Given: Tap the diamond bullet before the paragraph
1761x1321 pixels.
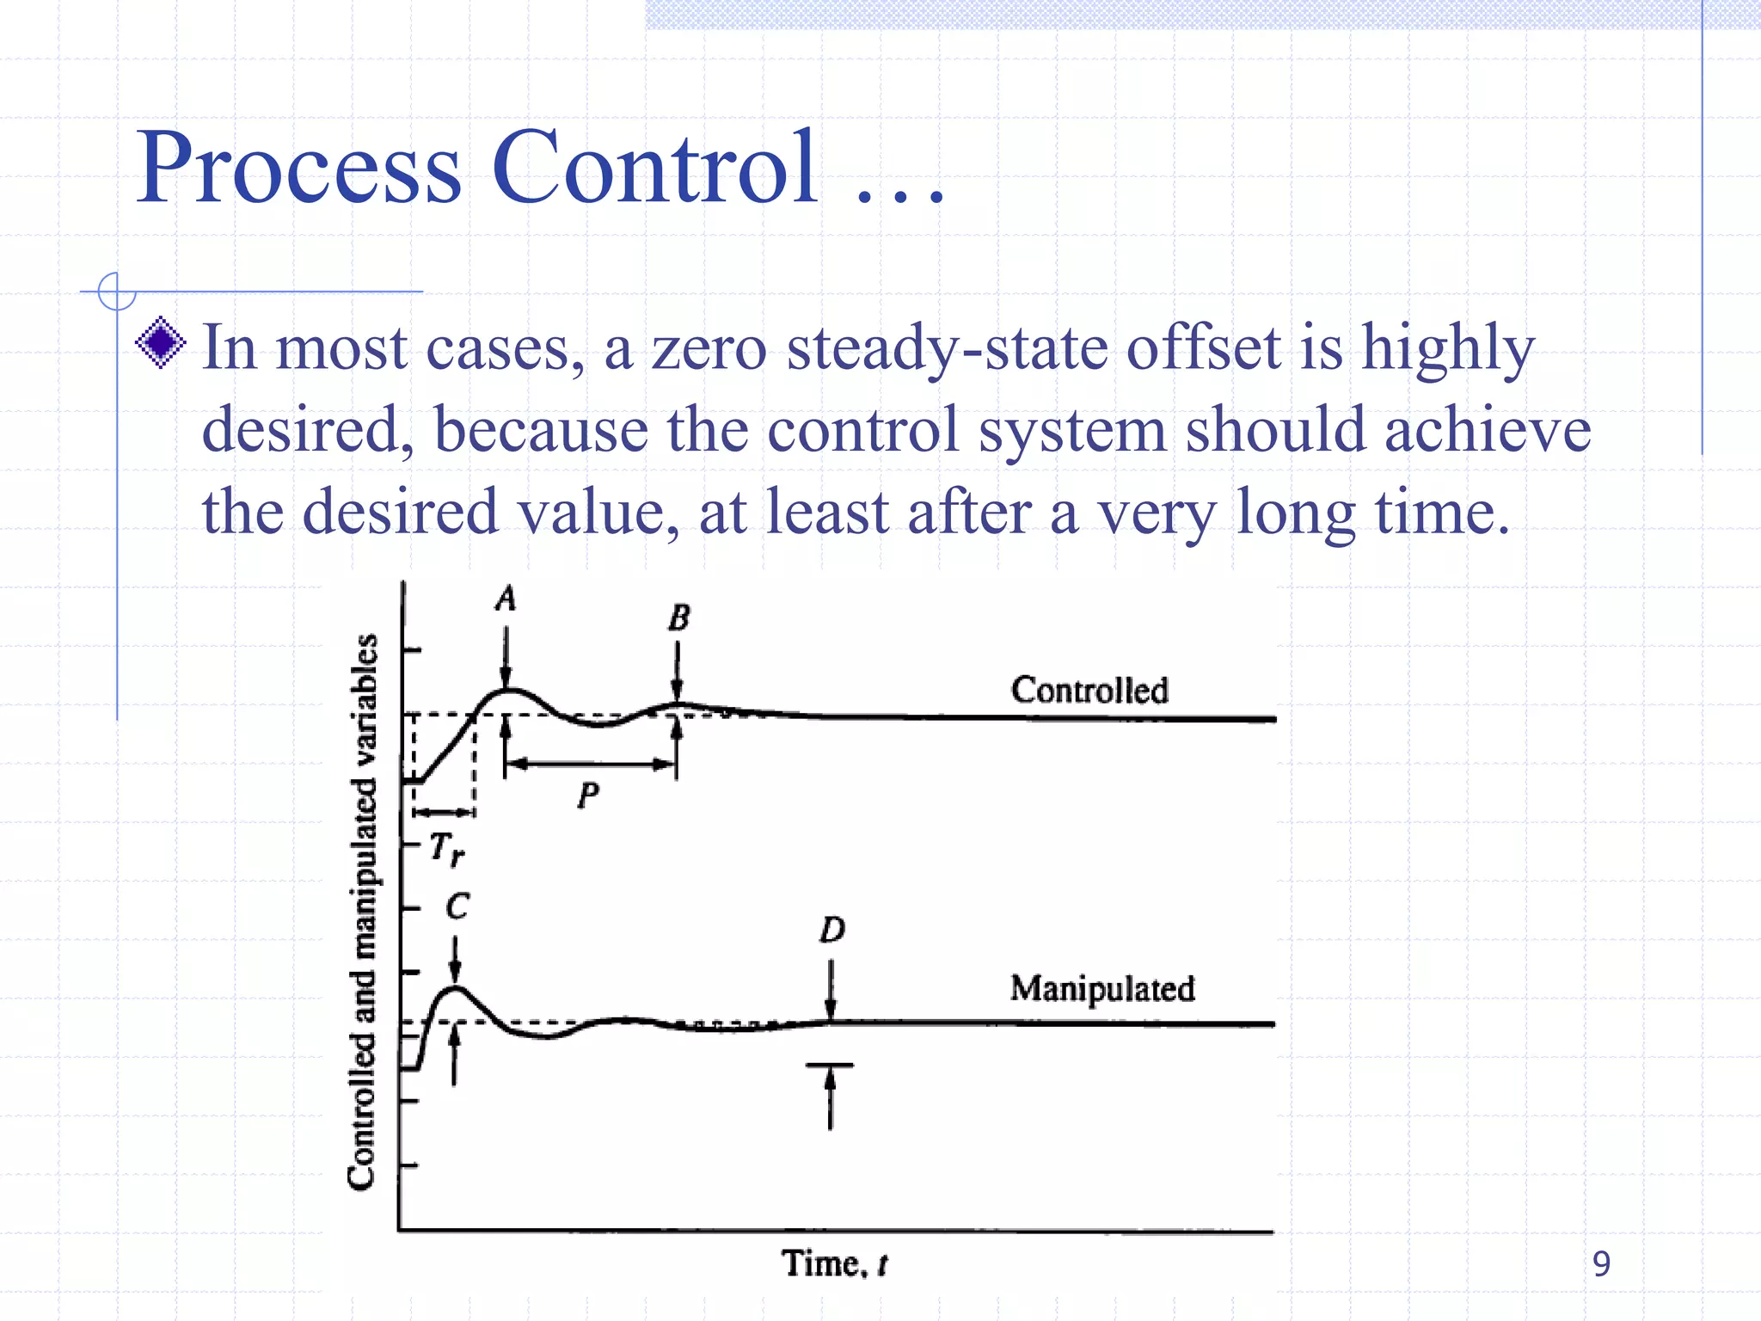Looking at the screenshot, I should point(161,343).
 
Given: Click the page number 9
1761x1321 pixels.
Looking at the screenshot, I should point(1600,1263).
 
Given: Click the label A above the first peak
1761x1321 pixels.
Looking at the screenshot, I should point(506,599).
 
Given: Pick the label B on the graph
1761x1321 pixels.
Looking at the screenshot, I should point(678,617).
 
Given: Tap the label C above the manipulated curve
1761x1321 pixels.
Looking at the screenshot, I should point(457,906).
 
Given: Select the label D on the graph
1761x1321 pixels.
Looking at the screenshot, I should point(831,930).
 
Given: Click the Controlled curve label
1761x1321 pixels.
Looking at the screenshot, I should point(1089,690).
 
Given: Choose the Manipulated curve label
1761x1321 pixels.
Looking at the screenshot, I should point(1102,989).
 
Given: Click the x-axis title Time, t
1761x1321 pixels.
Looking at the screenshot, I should point(834,1264).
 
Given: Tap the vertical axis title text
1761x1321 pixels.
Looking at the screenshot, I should point(363,912).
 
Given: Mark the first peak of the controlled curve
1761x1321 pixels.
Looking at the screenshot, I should point(507,690).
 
